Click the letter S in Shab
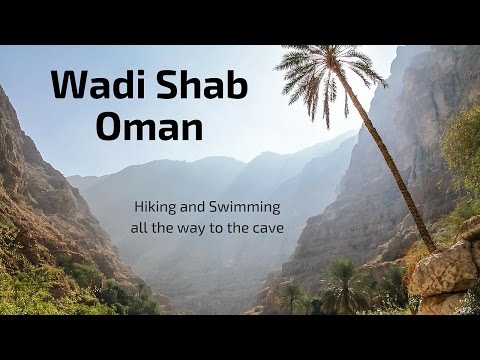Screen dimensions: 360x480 162,86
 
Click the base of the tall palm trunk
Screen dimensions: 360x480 429,246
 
